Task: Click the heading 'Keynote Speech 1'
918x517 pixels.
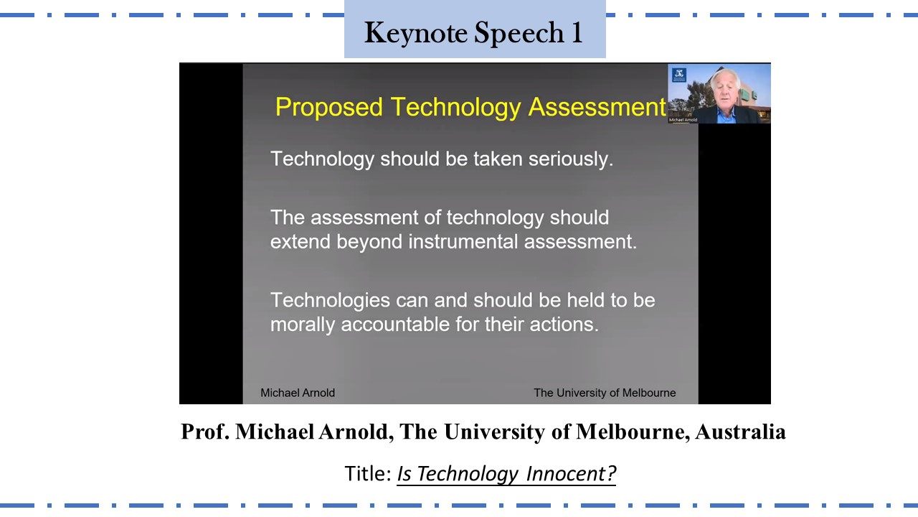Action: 473,33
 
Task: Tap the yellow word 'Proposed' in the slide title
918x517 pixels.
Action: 328,108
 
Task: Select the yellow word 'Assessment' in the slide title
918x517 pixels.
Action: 597,107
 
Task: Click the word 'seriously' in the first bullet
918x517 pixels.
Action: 570,159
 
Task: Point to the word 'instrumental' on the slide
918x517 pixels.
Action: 463,241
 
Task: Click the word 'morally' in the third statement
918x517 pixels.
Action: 303,325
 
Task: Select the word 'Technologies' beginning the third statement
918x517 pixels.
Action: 330,301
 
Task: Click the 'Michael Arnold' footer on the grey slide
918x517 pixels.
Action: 298,393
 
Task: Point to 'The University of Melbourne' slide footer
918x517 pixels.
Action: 605,393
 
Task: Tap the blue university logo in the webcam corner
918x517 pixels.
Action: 679,75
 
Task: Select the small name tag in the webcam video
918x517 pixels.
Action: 683,120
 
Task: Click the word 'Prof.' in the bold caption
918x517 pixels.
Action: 205,432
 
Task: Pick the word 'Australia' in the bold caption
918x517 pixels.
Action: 740,432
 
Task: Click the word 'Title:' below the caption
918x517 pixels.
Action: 368,473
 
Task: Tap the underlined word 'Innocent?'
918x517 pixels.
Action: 571,473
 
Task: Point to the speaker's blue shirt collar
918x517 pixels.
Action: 726,113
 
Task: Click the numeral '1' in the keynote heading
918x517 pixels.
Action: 577,32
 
